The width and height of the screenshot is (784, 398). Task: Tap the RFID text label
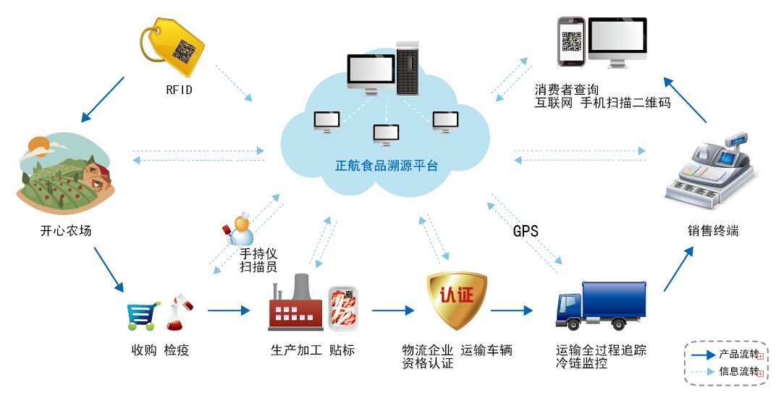(x=179, y=90)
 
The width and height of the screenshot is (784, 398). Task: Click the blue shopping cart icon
(x=143, y=316)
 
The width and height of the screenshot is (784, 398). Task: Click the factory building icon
(x=296, y=305)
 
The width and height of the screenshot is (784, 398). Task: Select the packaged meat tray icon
(x=342, y=308)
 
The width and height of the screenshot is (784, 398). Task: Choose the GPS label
(x=526, y=232)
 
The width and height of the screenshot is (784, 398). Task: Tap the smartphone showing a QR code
(x=571, y=43)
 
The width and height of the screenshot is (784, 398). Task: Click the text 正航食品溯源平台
(x=387, y=166)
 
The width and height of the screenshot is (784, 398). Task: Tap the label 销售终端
(x=713, y=232)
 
